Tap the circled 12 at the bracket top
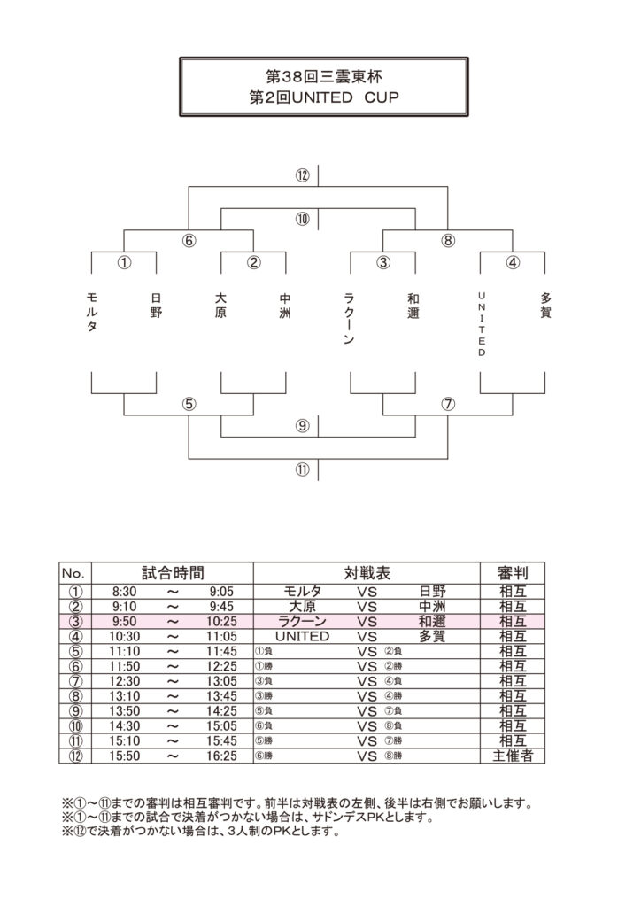click(303, 175)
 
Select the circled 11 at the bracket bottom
click(303, 470)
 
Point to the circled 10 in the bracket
click(303, 219)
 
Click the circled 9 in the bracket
click(303, 426)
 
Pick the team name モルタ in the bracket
click(92, 313)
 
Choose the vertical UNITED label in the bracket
click(482, 323)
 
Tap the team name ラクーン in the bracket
click(351, 319)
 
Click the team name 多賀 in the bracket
click(545, 306)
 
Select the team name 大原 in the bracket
click(221, 306)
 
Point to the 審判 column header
click(512, 573)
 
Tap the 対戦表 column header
click(367, 573)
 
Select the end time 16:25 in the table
click(222, 756)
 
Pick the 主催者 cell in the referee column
click(512, 756)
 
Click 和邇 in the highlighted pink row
click(432, 622)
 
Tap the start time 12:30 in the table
click(126, 681)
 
